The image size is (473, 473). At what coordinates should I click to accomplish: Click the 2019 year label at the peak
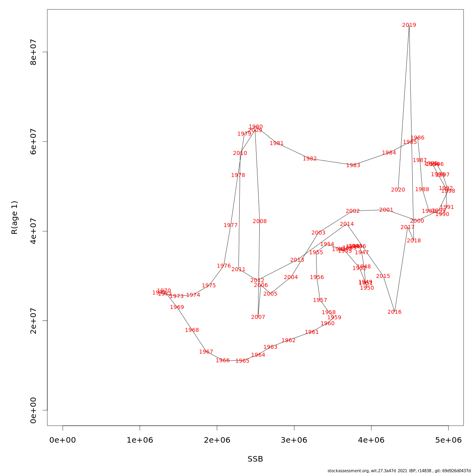(x=409, y=25)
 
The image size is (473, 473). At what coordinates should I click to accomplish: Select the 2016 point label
(x=394, y=312)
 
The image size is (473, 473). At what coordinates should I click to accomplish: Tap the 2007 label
(x=258, y=317)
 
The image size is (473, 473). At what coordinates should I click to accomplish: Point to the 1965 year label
(x=242, y=361)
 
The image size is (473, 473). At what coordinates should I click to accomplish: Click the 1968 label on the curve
(x=192, y=330)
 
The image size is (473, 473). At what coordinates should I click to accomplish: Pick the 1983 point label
(x=353, y=166)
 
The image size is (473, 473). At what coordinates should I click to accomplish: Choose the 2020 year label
(x=398, y=190)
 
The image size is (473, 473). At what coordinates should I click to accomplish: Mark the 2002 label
(x=352, y=211)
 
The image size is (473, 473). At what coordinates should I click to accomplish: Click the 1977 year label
(x=230, y=225)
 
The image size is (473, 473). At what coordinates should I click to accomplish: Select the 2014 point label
(x=346, y=224)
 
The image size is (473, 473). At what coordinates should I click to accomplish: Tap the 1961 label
(x=311, y=332)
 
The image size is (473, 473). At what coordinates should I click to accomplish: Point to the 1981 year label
(x=276, y=143)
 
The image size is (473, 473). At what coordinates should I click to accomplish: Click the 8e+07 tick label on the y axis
(x=34, y=52)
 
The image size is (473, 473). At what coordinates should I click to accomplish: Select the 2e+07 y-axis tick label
(x=34, y=320)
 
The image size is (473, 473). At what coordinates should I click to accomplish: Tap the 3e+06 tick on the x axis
(x=294, y=440)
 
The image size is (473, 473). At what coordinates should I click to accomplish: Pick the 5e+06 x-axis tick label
(x=448, y=440)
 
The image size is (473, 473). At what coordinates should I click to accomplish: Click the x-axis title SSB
(x=255, y=459)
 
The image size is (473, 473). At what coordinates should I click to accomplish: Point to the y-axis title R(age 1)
(x=15, y=218)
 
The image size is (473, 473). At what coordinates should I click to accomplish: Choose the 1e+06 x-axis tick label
(x=140, y=440)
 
